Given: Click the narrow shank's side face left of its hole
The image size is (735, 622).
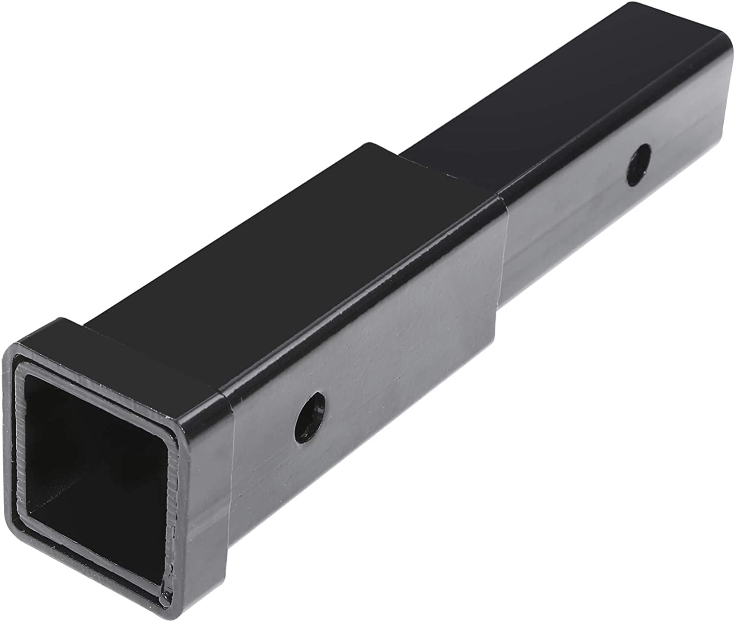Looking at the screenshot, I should (x=563, y=211).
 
